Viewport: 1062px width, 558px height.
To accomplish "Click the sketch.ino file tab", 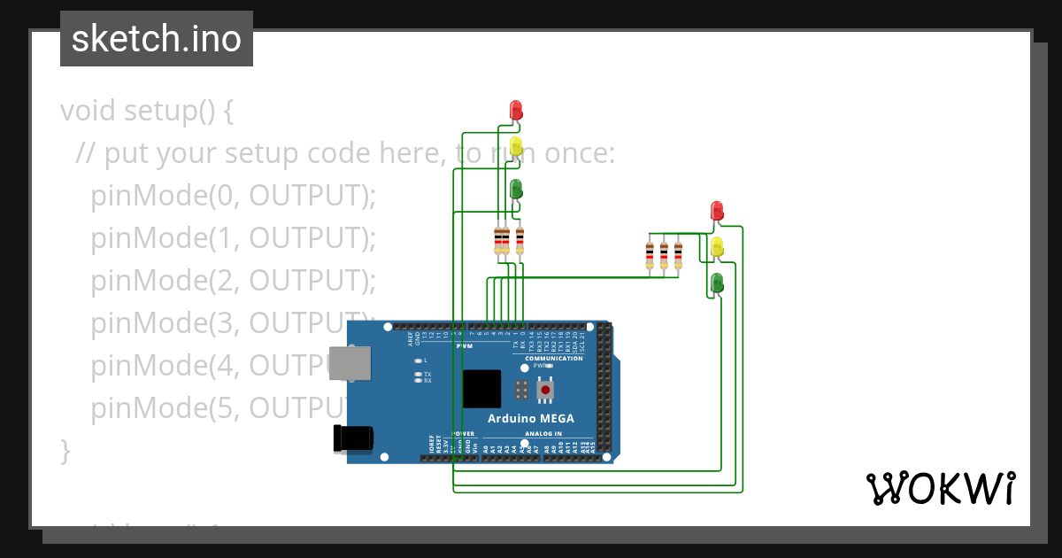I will click(156, 39).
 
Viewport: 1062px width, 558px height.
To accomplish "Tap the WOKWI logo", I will click(940, 489).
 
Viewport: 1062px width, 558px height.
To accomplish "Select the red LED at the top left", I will click(516, 110).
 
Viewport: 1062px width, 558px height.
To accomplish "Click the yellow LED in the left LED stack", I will click(516, 146).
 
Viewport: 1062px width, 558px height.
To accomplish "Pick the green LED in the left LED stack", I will click(516, 189).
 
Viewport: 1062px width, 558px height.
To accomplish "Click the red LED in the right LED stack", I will click(718, 211).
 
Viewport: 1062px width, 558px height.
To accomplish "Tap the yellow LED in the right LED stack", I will click(718, 246).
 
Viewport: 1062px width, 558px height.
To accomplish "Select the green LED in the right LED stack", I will click(718, 283).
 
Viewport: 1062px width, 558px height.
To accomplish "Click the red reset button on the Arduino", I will click(546, 390).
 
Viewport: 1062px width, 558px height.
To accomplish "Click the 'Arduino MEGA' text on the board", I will click(531, 418).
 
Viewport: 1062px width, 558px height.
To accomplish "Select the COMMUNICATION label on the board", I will click(554, 358).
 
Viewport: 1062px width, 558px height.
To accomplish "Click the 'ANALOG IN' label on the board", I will click(543, 434).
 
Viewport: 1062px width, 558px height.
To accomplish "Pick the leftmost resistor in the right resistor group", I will click(650, 254).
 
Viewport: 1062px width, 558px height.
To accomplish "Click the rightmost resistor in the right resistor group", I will click(679, 254).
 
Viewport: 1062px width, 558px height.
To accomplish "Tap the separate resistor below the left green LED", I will click(519, 240).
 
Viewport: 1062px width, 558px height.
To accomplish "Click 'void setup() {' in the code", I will click(147, 112).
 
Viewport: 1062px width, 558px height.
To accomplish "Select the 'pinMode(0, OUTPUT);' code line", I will click(234, 196).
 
